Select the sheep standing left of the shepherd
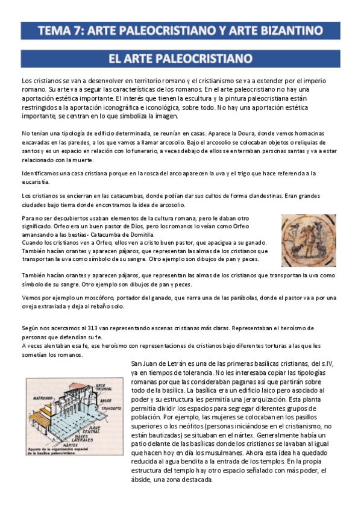click(x=295, y=250)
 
